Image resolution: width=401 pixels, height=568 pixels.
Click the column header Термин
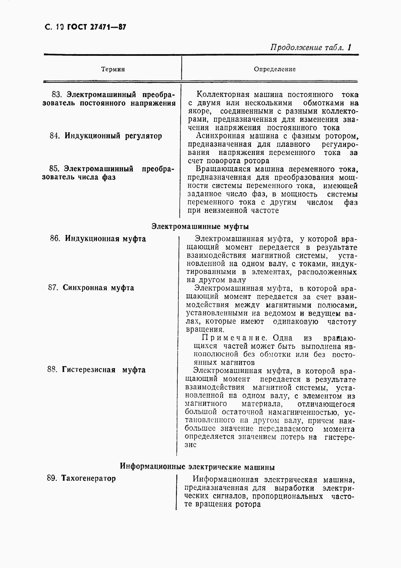(113, 69)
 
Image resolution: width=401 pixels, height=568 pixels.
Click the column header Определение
(275, 69)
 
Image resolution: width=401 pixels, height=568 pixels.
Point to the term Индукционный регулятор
(113, 136)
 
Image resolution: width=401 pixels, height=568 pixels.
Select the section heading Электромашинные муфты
(200, 226)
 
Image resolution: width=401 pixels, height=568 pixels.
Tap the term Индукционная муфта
(105, 239)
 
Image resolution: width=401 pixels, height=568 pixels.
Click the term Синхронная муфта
(98, 288)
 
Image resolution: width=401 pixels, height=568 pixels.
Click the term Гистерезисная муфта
(104, 370)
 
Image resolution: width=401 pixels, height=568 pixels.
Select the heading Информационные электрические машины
(197, 467)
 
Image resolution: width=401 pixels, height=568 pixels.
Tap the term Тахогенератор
(88, 479)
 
